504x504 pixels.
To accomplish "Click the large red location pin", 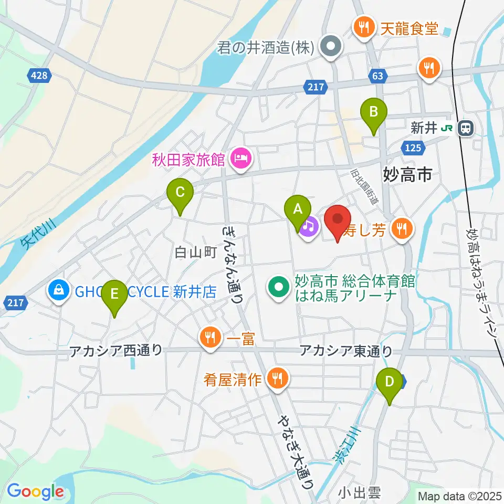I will coord(338,219).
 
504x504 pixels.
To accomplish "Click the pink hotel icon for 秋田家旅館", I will coord(241,157).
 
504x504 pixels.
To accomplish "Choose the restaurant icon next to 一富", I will coord(210,337).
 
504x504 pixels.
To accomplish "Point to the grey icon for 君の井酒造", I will coord(331,48).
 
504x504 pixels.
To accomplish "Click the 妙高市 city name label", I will coord(408,174).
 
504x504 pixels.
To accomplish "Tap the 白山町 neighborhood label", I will coord(195,253).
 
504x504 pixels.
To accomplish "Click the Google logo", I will coord(35,491).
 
